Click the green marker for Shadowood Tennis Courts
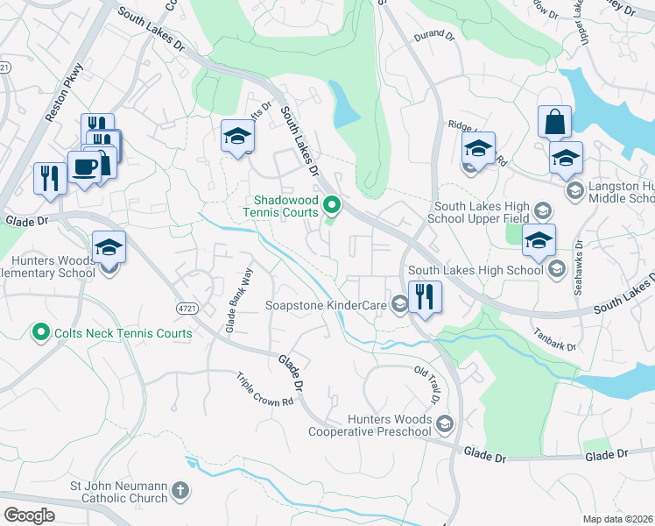coord(332,206)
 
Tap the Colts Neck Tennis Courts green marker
coord(39,333)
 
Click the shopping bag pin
coord(555,122)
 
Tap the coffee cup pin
coord(84,167)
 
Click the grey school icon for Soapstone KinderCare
coord(399,305)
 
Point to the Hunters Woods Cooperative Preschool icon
coord(445,424)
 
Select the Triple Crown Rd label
coord(264,389)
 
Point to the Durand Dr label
coord(433,36)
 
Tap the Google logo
coord(29,515)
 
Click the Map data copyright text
coord(617,519)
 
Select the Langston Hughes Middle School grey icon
coord(574,190)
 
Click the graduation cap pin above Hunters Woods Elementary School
coord(109,246)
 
